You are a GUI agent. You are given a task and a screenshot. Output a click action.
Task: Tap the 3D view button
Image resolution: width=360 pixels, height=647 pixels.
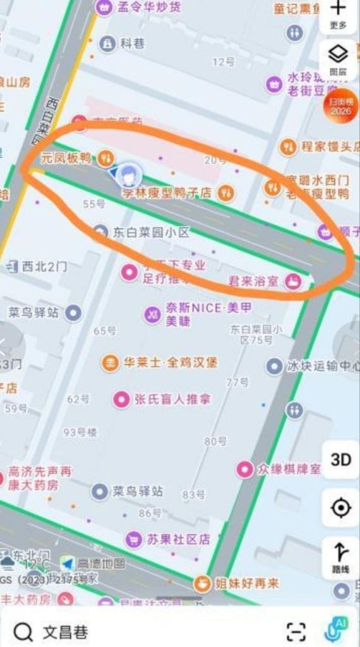tap(340, 459)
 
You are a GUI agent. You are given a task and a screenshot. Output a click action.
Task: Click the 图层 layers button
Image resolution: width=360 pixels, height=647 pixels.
tap(339, 60)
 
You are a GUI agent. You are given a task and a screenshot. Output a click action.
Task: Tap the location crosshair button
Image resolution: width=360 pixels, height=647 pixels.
tap(340, 507)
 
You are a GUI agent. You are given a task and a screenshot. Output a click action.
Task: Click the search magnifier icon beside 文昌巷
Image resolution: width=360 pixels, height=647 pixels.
tap(23, 631)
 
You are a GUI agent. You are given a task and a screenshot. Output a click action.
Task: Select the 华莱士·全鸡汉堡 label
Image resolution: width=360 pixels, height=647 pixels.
tap(169, 363)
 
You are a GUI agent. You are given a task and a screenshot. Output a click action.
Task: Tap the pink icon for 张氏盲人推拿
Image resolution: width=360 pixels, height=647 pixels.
tap(121, 399)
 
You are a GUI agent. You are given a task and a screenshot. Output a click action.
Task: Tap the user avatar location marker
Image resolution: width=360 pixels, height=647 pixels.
tap(130, 172)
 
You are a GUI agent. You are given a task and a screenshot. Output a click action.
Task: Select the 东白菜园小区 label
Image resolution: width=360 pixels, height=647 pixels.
tap(152, 233)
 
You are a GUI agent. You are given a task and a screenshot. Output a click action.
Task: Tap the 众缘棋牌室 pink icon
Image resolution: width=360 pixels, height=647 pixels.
tap(244, 469)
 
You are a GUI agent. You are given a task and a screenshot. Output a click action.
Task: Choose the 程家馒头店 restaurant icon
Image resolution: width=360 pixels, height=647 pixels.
tap(289, 147)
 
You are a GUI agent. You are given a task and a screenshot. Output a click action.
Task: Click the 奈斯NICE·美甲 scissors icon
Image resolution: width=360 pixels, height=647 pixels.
tap(152, 314)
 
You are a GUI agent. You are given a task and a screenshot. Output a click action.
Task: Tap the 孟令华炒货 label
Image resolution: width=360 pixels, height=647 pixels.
tap(149, 7)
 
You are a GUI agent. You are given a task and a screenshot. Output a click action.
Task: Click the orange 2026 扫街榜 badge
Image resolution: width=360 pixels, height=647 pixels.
tap(340, 107)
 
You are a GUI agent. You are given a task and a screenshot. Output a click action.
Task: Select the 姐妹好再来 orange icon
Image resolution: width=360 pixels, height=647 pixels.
tap(202, 583)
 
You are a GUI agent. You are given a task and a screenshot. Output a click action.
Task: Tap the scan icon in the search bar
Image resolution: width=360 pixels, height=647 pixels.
tap(296, 631)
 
